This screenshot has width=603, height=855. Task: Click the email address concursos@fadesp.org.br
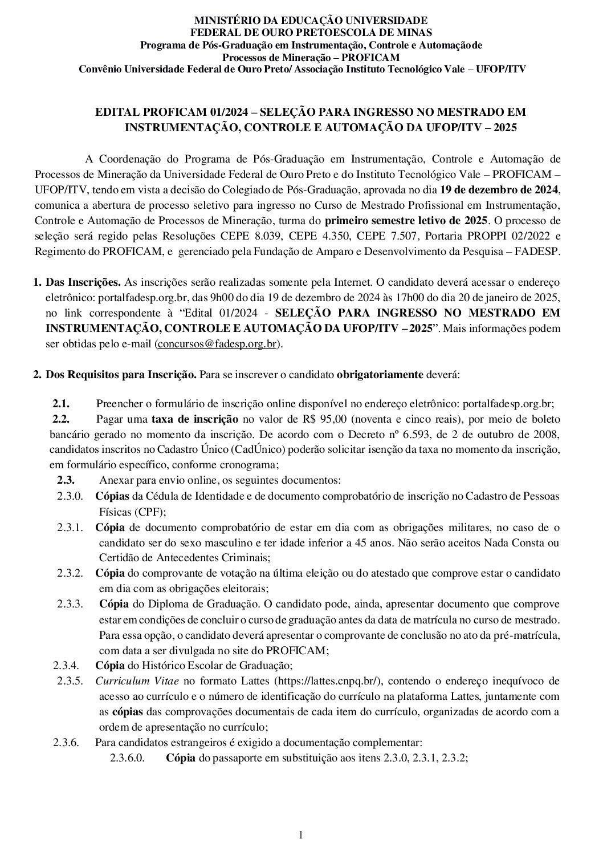[217, 344]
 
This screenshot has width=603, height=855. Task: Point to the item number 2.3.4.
[67, 665]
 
